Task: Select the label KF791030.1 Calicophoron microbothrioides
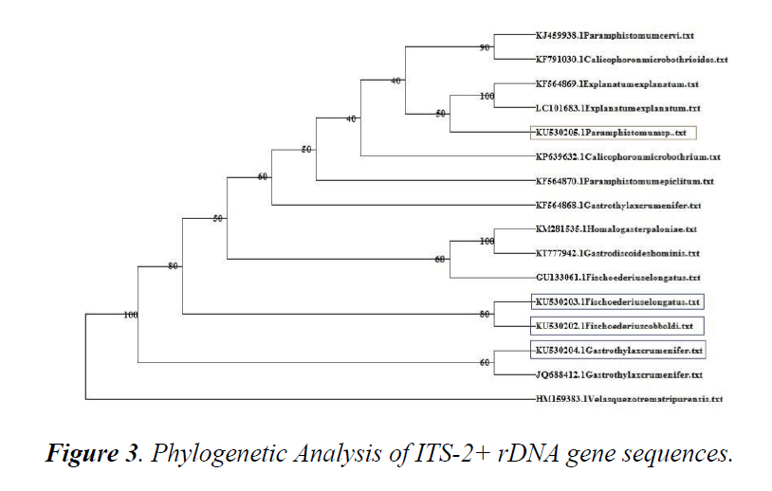[x=630, y=59]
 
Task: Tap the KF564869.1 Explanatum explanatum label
[x=616, y=83]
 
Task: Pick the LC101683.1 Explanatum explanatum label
[x=616, y=108]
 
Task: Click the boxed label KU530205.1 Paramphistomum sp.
[x=610, y=133]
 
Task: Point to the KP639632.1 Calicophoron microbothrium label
[x=627, y=157]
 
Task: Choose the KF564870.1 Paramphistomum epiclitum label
[x=624, y=181]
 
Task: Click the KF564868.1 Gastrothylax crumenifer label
[x=617, y=206]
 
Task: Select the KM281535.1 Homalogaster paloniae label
[x=616, y=229]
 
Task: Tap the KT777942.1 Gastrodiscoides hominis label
[x=616, y=254]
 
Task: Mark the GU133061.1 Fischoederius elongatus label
[x=617, y=278]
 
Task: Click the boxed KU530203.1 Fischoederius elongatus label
[x=617, y=302]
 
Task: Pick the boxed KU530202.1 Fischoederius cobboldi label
[x=613, y=326]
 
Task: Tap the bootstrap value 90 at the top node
[x=486, y=47]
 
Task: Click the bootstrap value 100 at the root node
[x=131, y=314]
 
